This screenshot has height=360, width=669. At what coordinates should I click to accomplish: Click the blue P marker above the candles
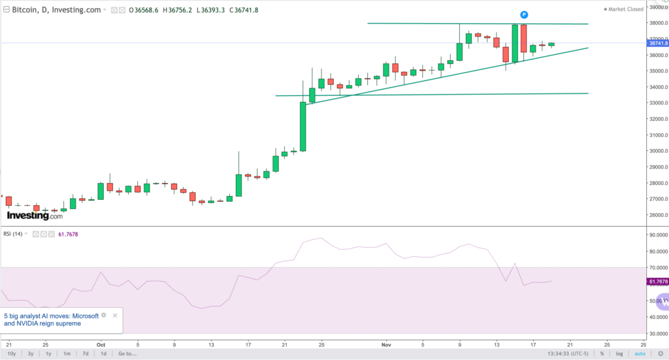pyautogui.click(x=524, y=14)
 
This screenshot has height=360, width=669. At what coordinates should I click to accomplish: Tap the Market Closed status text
pyautogui.click(x=625, y=9)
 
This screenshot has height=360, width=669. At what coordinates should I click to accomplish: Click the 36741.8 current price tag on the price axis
pyautogui.click(x=657, y=43)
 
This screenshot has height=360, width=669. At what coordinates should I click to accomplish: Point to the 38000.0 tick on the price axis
pyautogui.click(x=657, y=24)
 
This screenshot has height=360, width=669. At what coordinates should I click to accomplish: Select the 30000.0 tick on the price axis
pyautogui.click(x=657, y=151)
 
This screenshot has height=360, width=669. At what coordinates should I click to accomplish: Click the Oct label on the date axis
pyautogui.click(x=101, y=344)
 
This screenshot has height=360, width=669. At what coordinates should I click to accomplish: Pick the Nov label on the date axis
pyautogui.click(x=386, y=344)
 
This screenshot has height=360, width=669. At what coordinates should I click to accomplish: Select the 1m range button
pyautogui.click(x=67, y=353)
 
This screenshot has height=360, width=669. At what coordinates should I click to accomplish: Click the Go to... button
pyautogui.click(x=127, y=353)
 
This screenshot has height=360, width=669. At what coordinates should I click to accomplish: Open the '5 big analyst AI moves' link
pyautogui.click(x=52, y=319)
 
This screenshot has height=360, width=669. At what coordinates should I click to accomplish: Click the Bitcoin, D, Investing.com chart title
pyautogui.click(x=57, y=10)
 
